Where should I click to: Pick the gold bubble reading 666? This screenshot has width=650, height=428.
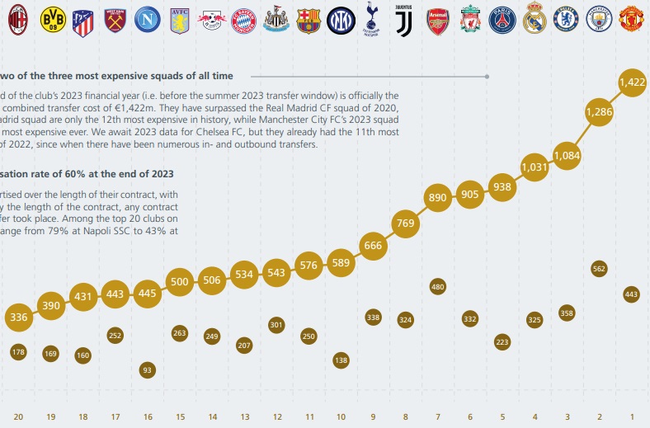tap(373, 245)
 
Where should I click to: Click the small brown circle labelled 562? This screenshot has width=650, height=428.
tap(599, 268)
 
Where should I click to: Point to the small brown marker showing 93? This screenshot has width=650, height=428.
tap(147, 369)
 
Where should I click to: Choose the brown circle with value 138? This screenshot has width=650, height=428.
tap(341, 360)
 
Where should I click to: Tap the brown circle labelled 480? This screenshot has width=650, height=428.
tap(438, 286)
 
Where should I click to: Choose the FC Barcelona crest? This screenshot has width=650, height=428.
tap(309, 19)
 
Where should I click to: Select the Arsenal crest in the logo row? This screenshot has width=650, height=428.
tap(438, 19)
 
